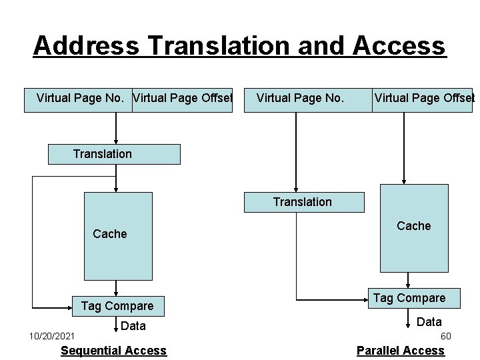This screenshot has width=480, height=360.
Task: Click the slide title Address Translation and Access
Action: (x=239, y=46)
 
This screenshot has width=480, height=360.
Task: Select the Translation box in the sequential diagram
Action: (x=114, y=154)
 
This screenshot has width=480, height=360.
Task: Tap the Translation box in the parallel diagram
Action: (x=304, y=202)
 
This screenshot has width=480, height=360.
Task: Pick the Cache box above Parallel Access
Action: (x=414, y=227)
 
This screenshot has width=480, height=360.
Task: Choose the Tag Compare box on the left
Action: (x=117, y=306)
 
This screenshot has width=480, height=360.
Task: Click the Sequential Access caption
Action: (x=113, y=351)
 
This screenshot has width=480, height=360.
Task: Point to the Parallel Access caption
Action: (x=400, y=351)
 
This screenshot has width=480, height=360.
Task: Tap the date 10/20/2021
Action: (x=52, y=336)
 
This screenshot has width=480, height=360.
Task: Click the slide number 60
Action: (x=446, y=336)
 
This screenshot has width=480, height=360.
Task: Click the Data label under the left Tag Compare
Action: (x=133, y=326)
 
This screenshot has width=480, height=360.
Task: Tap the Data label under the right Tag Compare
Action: (x=429, y=322)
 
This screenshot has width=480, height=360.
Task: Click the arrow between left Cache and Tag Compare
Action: (x=117, y=288)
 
